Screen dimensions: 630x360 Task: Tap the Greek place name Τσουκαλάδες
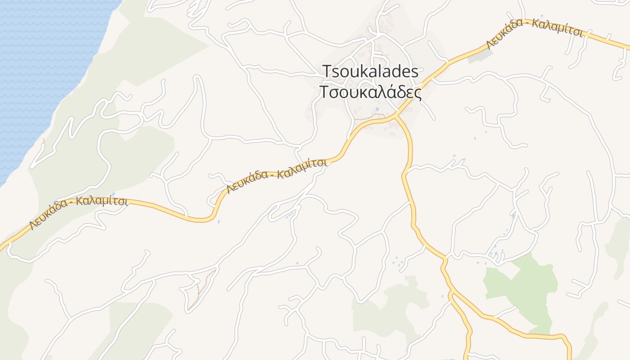pyautogui.click(x=370, y=92)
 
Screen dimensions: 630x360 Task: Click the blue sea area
pyautogui.click(x=40, y=67)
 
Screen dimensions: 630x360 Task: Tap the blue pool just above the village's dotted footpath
pyautogui.click(x=377, y=109)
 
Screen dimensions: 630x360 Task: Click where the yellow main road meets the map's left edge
pyautogui.click(x=1, y=248)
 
